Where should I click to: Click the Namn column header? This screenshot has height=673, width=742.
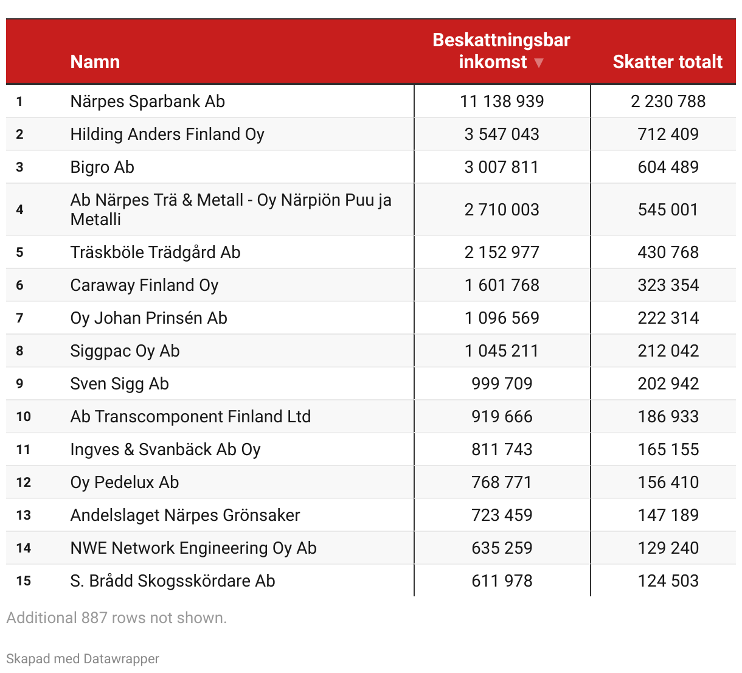coord(95,61)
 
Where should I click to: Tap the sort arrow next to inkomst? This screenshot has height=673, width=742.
coord(538,63)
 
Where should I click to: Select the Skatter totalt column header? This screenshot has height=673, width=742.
coord(667,61)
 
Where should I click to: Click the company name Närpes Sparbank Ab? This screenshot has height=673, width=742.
coord(147,102)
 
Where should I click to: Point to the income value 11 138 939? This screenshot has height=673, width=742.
coord(502,102)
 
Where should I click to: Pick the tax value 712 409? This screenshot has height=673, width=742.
coord(668,134)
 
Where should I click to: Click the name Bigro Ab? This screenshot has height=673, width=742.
coord(102,167)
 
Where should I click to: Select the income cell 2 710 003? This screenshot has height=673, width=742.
coord(502,210)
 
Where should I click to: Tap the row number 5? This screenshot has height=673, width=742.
coord(20,253)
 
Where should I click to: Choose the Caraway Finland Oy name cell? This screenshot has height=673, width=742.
coord(144,285)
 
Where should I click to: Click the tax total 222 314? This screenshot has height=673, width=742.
coord(668,318)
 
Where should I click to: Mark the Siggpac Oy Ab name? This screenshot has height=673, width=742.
coord(125,351)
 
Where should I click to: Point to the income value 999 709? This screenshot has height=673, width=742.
coord(502,384)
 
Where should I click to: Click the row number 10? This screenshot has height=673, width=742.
coord(24,417)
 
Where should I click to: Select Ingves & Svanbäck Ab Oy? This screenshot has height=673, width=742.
coord(165,450)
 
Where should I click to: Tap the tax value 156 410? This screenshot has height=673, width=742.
coord(668,483)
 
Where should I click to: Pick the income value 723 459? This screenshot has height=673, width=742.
coord(502,515)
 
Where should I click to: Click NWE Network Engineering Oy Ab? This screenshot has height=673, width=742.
coord(193,548)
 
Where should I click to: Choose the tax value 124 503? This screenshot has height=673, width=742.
coord(668,581)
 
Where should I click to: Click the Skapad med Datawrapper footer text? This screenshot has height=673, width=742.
coord(83,659)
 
